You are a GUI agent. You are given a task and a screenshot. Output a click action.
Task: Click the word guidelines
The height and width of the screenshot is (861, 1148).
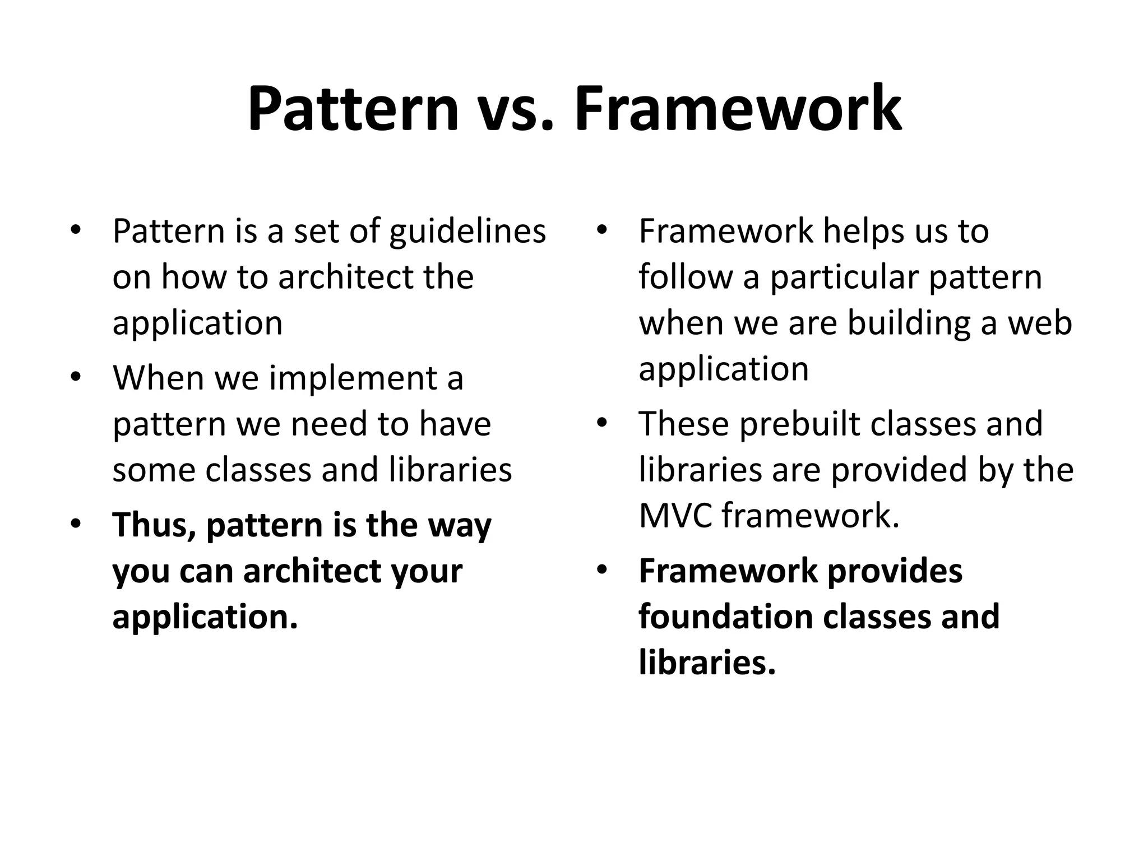pos(467,232)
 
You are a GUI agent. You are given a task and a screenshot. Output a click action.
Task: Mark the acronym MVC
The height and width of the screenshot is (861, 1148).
pos(675,516)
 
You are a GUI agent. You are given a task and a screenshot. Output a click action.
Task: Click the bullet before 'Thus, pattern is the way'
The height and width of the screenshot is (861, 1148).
pos(76,525)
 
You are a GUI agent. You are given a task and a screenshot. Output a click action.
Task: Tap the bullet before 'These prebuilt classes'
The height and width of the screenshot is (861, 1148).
pos(601,423)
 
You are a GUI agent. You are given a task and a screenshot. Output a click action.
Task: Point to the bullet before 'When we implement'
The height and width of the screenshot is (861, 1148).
pos(76,377)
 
